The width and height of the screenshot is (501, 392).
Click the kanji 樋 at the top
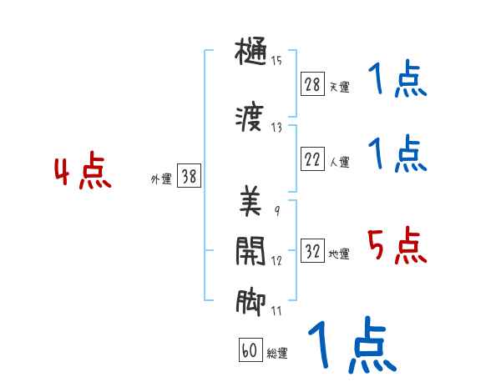[x=250, y=54]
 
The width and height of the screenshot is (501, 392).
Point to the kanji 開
[x=250, y=251]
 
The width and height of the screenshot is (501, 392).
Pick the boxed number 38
[x=189, y=176]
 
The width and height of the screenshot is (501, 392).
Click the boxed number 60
[x=250, y=351]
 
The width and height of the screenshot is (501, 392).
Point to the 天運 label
[x=339, y=87]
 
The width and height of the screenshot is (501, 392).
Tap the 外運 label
[x=161, y=178]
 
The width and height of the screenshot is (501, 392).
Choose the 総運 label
[x=277, y=354]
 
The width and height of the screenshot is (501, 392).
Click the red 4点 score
[x=82, y=173]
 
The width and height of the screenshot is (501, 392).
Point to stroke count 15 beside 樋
[x=276, y=60]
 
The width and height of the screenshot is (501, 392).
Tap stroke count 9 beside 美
[x=276, y=209]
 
